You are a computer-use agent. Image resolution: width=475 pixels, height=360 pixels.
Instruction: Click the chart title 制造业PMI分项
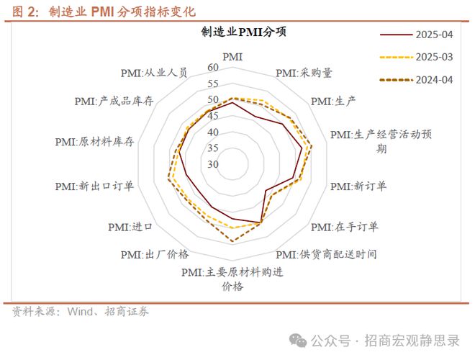click(244, 32)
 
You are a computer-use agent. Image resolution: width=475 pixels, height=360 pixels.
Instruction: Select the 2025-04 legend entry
click(417, 35)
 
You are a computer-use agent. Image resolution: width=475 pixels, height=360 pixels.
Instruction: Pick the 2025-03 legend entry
click(417, 57)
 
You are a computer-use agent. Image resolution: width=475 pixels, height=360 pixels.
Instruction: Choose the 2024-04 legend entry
click(417, 80)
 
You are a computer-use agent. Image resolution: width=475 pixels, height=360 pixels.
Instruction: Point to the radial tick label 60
click(213, 68)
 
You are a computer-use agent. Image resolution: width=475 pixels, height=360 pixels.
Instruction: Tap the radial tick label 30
click(213, 164)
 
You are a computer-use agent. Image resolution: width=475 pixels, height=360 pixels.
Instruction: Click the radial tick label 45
click(213, 116)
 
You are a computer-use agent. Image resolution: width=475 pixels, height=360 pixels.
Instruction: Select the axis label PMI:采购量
click(304, 73)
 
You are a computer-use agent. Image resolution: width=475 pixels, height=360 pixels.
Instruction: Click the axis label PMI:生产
click(333, 102)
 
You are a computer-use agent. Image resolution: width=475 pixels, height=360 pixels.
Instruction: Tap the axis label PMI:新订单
click(358, 186)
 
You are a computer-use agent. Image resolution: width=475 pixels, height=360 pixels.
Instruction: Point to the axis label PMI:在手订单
click(345, 227)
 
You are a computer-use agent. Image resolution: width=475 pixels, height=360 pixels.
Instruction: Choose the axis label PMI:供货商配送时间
click(326, 255)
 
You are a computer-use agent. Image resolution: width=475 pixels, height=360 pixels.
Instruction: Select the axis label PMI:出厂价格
click(155, 255)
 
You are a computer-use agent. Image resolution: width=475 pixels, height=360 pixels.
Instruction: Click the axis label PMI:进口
click(130, 227)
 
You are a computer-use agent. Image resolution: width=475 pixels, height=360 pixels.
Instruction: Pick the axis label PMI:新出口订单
click(94, 186)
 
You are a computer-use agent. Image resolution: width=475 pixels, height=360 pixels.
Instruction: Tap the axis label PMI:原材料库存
click(94, 142)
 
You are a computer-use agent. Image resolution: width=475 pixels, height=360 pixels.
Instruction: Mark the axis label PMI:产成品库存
click(114, 102)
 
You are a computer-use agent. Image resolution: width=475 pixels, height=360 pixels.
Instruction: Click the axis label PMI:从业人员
click(154, 73)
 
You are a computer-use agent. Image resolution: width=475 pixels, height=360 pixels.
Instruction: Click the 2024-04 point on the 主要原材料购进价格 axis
click(232, 241)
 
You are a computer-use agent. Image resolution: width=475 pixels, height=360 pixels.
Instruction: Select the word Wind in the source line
click(80, 312)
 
